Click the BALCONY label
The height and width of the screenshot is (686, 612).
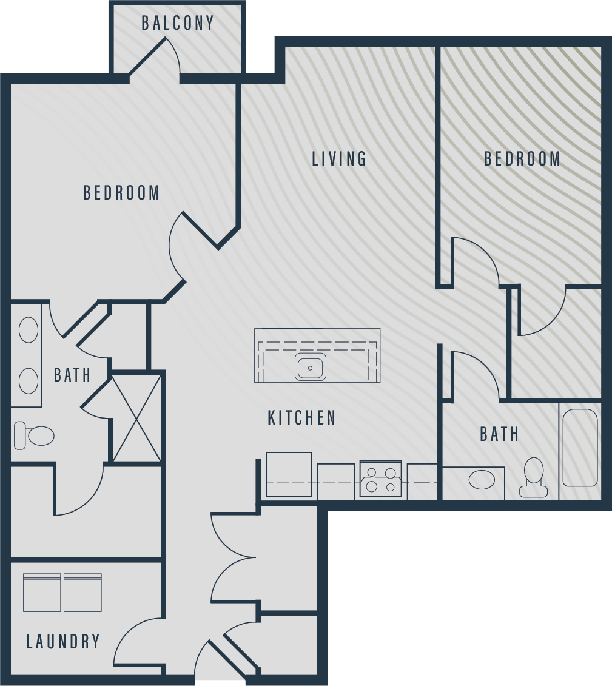(178, 23)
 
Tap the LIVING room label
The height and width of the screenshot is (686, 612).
(339, 158)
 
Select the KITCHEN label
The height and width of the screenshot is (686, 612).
(302, 418)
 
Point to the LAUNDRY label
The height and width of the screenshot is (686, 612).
(64, 641)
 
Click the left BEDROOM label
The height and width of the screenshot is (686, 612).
(122, 192)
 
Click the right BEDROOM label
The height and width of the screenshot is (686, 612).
(522, 158)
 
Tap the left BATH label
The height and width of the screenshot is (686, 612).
(73, 375)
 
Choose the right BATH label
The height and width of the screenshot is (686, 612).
(499, 434)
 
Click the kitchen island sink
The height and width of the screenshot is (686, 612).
(311, 366)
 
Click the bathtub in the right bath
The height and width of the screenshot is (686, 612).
(580, 448)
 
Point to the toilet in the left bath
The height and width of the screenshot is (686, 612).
(34, 435)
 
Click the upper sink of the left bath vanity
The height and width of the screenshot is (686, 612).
(29, 329)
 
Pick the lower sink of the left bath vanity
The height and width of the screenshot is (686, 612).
(29, 381)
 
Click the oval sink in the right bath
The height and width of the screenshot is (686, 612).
(482, 480)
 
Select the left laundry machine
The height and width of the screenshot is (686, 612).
(42, 593)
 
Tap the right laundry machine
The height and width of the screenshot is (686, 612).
(82, 593)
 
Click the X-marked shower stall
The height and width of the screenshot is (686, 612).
(137, 418)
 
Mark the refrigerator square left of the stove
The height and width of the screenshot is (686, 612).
(289, 475)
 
